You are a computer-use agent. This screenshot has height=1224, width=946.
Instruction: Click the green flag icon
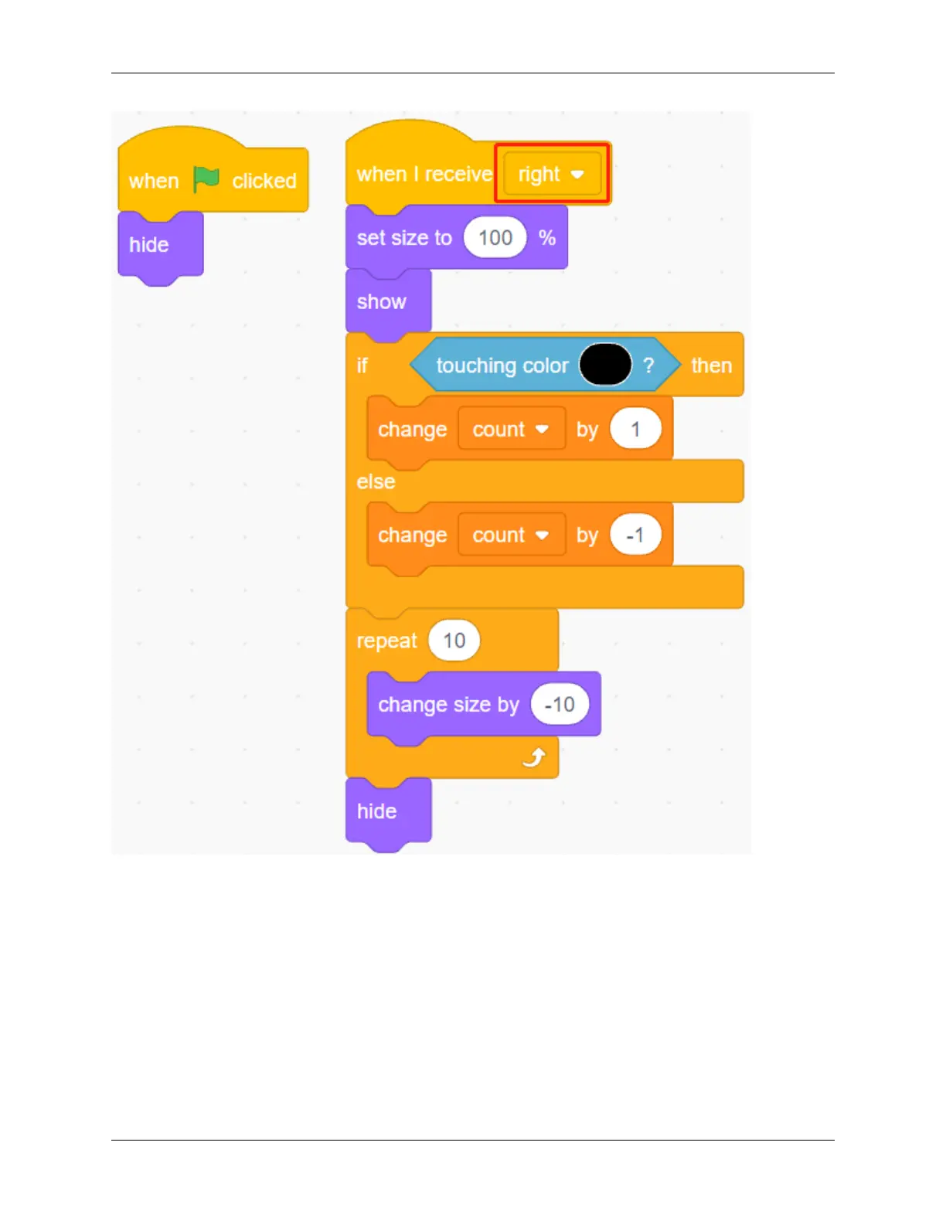point(206,179)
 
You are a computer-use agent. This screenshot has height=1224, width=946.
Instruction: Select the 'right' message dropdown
point(552,174)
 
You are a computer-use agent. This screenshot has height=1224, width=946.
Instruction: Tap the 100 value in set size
point(495,237)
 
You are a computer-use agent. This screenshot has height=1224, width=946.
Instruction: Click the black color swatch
point(605,365)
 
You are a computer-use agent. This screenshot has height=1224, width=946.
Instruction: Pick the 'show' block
point(382,301)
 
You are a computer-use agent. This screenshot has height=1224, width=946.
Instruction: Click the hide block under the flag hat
point(149,245)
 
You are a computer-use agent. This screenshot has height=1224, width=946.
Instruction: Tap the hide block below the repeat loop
point(377,811)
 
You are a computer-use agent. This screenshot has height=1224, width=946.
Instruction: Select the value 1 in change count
point(635,429)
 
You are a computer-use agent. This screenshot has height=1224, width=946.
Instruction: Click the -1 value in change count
point(635,535)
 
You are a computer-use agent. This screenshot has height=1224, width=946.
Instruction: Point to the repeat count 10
point(454,641)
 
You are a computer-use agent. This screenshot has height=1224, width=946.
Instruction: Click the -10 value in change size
point(560,705)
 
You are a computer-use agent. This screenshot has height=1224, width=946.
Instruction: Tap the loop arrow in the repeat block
point(534,758)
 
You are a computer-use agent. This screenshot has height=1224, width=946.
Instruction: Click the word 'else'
point(376,481)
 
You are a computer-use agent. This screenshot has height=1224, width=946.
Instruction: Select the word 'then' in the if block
point(711,365)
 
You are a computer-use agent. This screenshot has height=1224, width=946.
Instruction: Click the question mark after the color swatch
point(648,365)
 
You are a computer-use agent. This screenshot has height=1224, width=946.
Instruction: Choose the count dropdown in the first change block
point(511,429)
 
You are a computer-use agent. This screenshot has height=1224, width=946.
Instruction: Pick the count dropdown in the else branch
point(511,535)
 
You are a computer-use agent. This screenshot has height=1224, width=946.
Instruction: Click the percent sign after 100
point(547,238)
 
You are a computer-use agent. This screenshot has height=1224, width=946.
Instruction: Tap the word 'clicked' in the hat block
point(264,181)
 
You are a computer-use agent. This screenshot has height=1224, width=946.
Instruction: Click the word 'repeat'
point(386,641)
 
